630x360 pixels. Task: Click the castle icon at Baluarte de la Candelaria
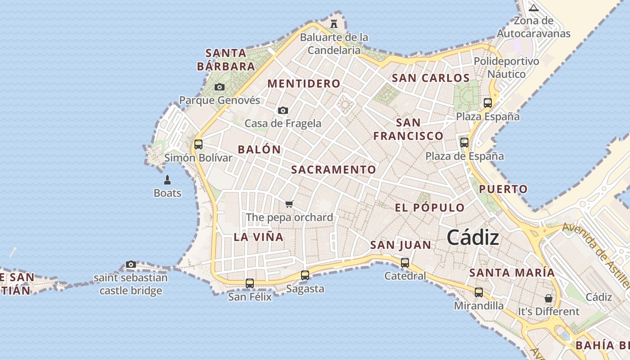pos(334,23)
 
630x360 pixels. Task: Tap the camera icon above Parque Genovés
pos(220,87)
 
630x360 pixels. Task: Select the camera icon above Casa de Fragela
pos(283,110)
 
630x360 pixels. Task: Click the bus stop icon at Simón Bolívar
pos(198,144)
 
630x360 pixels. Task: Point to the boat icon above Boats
pos(167,180)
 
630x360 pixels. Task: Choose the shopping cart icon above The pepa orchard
pos(289,204)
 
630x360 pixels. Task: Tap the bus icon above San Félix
pos(250,283)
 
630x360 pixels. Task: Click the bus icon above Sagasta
pos(305,275)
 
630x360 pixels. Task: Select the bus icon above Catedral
pos(405,262)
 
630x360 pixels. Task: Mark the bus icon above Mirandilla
pos(479,292)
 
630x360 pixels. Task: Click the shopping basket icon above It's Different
pos(549,298)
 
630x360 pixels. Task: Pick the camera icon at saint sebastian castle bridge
pos(131,264)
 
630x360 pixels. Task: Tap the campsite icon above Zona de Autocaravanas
pos(534,8)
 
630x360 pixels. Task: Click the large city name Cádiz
pos(473,238)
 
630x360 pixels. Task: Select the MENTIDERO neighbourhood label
pos(304,84)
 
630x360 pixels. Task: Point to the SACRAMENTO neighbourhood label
pos(333,170)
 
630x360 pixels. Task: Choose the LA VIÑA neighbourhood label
pos(259,237)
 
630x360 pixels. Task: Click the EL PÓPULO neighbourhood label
pos(430,207)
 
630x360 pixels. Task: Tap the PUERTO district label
pos(503,189)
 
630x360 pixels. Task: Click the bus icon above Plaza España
pos(488,103)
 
